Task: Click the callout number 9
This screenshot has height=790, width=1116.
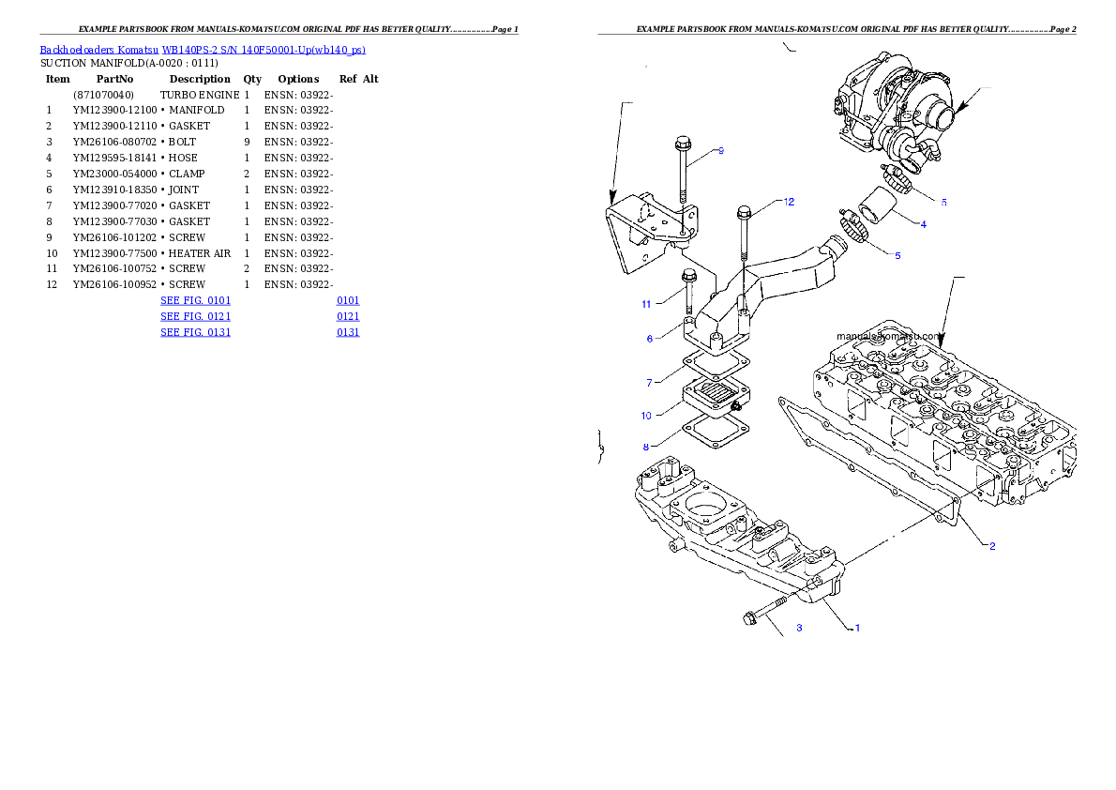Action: pyautogui.click(x=720, y=151)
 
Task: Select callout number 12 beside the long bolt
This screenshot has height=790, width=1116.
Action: pyautogui.click(x=789, y=202)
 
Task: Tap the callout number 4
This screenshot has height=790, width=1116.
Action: pyautogui.click(x=923, y=224)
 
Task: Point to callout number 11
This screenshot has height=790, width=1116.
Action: pyautogui.click(x=646, y=304)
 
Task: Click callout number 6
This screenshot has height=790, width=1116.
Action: pyautogui.click(x=649, y=339)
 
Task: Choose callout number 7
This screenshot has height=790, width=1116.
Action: pyautogui.click(x=649, y=383)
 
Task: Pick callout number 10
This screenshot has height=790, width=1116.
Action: pyautogui.click(x=646, y=415)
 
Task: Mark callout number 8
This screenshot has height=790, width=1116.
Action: pyautogui.click(x=646, y=447)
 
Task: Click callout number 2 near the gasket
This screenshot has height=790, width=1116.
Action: pyautogui.click(x=992, y=546)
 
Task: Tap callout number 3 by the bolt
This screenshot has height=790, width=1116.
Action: pyautogui.click(x=799, y=628)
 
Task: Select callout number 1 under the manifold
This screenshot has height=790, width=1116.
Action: pyautogui.click(x=855, y=628)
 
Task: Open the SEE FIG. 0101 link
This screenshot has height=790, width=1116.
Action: pyautogui.click(x=195, y=300)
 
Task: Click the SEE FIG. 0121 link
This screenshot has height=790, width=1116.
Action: pyautogui.click(x=195, y=316)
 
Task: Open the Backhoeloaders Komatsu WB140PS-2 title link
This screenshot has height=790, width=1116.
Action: pyautogui.click(x=203, y=49)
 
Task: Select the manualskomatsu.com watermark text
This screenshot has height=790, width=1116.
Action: pyautogui.click(x=888, y=335)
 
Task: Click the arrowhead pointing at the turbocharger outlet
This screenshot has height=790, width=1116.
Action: pyautogui.click(x=960, y=111)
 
